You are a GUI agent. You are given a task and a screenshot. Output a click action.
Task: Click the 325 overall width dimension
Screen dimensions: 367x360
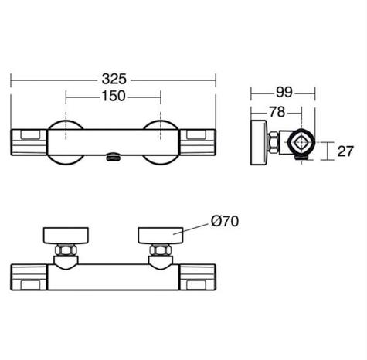(114, 79)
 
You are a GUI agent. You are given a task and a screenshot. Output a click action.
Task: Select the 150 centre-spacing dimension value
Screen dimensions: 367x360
(114, 96)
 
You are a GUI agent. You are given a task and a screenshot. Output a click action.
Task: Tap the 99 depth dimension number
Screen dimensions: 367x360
(284, 92)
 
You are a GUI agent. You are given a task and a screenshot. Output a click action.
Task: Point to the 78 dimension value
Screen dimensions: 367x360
(277, 112)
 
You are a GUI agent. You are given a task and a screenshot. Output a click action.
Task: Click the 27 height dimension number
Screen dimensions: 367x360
(345, 151)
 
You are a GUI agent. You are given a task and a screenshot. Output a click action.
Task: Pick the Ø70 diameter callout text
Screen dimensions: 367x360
(225, 221)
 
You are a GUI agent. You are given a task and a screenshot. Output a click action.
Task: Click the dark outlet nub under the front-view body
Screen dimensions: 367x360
(113, 157)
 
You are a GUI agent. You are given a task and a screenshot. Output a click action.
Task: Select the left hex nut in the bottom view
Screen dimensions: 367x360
(66, 250)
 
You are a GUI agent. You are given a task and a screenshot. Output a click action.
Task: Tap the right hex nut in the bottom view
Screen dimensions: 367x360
(161, 250)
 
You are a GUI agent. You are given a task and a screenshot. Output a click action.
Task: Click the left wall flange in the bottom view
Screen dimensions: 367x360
(66, 235)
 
